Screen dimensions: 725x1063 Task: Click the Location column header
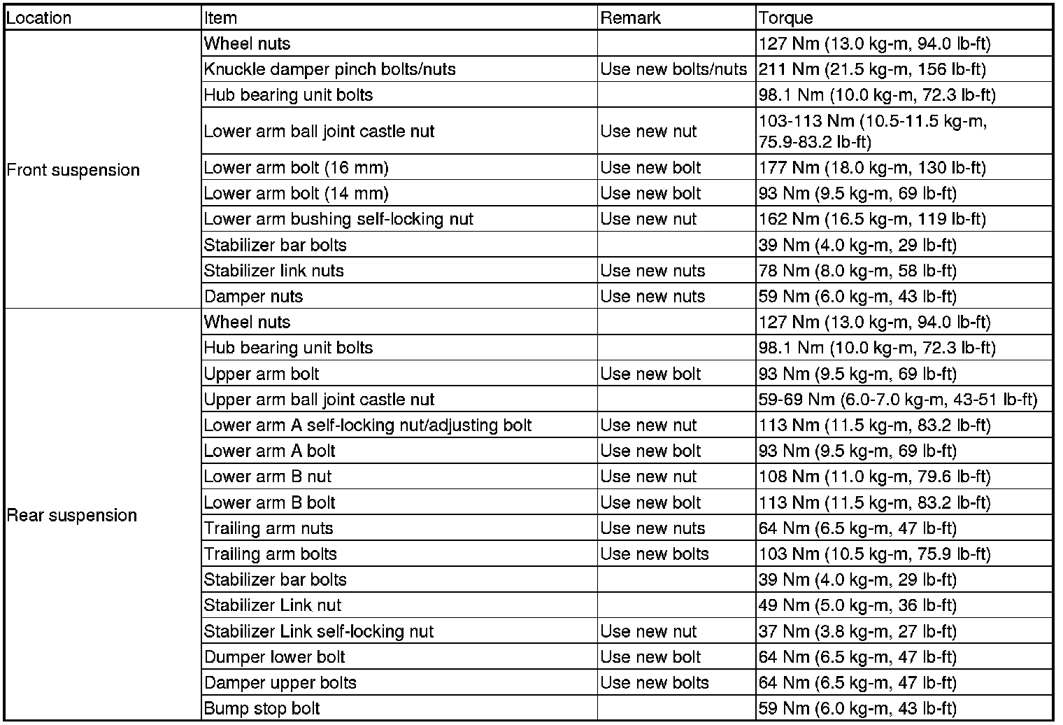tap(39, 18)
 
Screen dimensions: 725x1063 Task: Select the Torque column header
tap(786, 18)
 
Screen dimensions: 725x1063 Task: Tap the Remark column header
tap(630, 18)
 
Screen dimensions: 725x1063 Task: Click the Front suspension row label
tap(73, 170)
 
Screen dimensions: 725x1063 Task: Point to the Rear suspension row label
tap(71, 516)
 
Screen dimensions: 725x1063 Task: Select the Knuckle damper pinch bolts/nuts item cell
tap(329, 69)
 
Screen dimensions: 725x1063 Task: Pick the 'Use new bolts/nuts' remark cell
tap(673, 69)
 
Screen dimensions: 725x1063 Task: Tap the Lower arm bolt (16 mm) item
tap(296, 168)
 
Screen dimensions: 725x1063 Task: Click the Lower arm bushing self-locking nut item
tap(338, 219)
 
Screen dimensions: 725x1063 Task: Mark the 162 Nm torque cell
tap(872, 219)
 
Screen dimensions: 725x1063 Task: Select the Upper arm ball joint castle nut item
tap(319, 400)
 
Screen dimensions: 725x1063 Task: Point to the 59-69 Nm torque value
tap(897, 400)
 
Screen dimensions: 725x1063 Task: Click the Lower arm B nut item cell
tap(268, 477)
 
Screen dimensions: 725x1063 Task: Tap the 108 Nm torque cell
tap(874, 477)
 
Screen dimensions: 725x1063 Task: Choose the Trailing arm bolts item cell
tap(271, 554)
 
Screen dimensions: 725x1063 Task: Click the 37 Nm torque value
tap(857, 631)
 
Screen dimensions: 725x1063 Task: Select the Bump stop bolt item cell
tap(262, 708)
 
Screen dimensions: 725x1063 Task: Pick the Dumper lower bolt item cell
tap(274, 657)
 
